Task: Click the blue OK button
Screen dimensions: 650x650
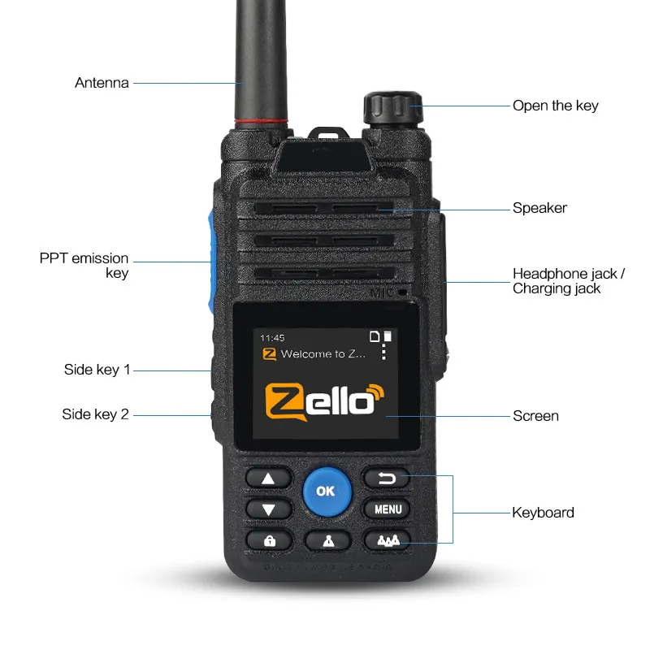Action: pos(326,491)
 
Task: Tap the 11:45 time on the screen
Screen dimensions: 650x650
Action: pos(271,336)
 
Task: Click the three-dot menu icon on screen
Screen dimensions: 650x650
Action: pos(384,351)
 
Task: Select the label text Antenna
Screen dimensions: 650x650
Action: pos(102,83)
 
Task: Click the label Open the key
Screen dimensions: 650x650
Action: pos(555,106)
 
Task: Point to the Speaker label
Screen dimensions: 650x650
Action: pos(539,208)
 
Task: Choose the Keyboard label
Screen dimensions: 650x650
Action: pos(543,513)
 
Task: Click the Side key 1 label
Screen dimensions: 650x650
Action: pos(97,370)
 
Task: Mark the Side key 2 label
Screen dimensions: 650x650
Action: pos(95,414)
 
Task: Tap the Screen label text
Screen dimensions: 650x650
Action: pos(535,416)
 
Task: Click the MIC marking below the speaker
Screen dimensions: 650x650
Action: pos(381,292)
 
